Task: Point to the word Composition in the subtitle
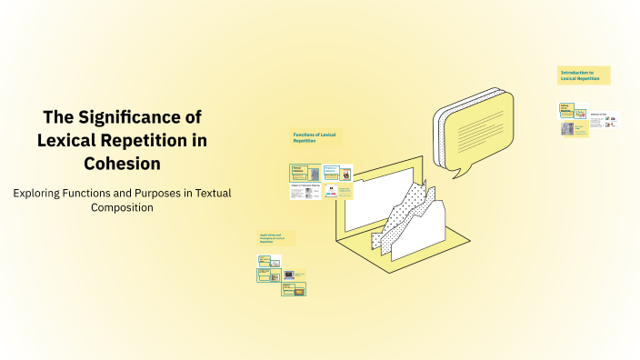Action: point(122,207)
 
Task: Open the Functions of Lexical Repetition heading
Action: point(315,138)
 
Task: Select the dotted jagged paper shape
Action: point(409,218)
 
